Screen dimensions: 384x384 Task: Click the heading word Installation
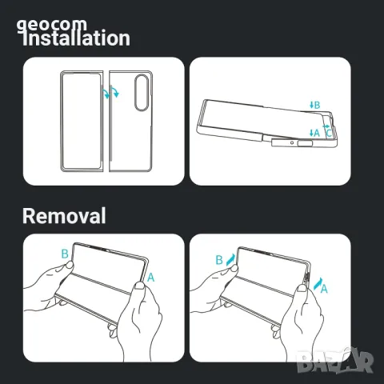75,38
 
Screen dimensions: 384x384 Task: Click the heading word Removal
64,215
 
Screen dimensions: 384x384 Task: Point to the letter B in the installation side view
317,105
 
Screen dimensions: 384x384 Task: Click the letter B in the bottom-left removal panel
64,254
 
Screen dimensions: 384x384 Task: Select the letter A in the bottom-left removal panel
151,277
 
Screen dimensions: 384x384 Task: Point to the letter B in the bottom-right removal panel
218,260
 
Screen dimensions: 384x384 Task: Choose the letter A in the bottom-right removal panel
325,290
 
